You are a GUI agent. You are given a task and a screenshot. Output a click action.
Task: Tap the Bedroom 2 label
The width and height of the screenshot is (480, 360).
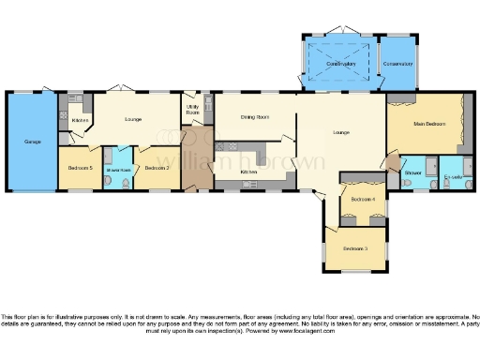point(156,168)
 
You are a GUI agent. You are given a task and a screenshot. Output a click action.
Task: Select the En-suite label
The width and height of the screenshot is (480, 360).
point(454,176)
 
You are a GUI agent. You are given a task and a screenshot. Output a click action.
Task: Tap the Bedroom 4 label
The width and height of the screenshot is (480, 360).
point(363,200)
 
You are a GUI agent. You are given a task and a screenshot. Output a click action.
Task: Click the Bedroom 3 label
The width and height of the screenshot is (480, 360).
point(353,248)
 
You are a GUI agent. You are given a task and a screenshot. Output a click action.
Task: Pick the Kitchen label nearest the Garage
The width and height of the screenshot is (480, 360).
point(81,120)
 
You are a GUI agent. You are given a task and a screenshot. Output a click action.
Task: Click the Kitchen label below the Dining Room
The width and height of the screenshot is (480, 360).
point(248,172)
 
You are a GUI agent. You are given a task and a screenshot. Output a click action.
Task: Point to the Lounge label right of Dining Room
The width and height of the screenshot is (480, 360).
point(340,132)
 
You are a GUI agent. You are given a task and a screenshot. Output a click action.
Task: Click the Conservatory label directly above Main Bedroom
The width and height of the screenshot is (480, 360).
point(399,65)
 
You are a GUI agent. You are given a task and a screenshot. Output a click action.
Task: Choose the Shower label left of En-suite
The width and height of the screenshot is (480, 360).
point(412,172)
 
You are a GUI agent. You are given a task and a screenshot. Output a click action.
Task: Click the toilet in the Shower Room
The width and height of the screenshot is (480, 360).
point(110,180)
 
